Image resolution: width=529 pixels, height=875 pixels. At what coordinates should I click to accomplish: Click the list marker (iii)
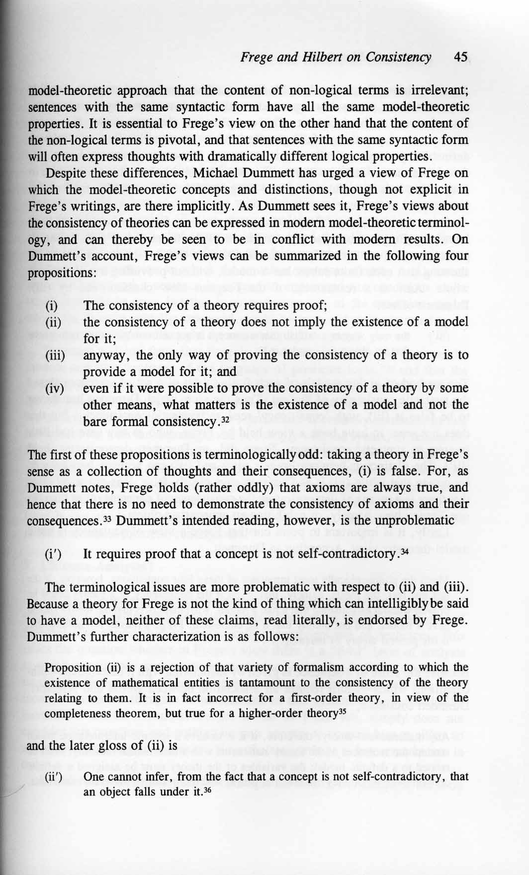[x=55, y=356]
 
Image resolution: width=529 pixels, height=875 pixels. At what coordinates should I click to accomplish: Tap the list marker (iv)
[x=55, y=389]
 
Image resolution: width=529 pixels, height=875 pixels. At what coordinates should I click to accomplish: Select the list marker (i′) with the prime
[x=53, y=554]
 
